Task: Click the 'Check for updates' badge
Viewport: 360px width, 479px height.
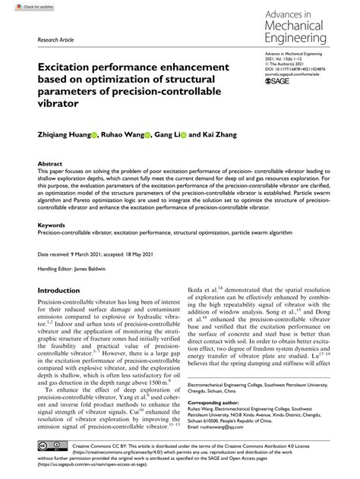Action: coord(21,6)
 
